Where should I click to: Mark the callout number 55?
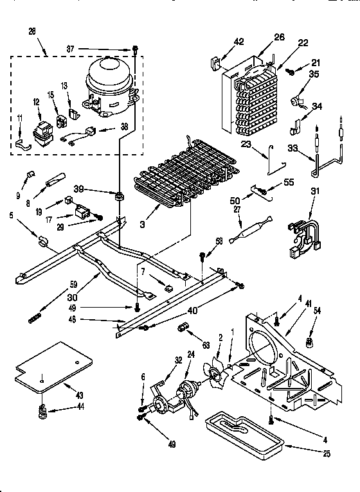tap(288, 182)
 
